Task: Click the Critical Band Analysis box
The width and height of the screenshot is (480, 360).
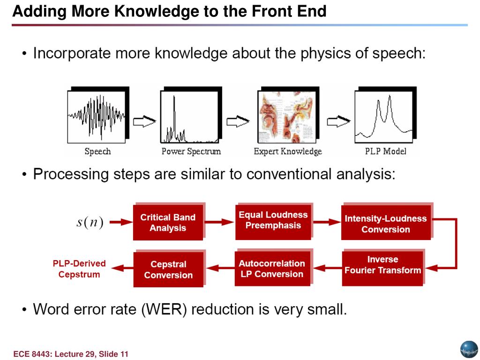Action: (x=168, y=223)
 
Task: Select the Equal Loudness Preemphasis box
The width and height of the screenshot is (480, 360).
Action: (x=273, y=220)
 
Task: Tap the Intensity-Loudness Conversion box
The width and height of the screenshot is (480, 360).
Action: (x=385, y=224)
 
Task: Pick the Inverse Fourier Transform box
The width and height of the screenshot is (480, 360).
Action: (x=382, y=265)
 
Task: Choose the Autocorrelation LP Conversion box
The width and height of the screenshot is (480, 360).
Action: (x=272, y=269)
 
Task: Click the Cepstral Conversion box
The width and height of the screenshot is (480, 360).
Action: (x=168, y=270)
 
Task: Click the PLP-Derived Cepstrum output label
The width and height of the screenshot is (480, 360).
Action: (x=79, y=269)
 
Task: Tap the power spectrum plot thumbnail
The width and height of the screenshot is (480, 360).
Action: (x=189, y=116)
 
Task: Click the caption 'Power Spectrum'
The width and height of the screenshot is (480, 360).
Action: (x=191, y=151)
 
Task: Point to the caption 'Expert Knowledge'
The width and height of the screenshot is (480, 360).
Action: (x=288, y=151)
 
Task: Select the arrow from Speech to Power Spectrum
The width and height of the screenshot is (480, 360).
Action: (x=144, y=122)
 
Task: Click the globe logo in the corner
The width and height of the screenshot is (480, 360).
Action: (x=469, y=349)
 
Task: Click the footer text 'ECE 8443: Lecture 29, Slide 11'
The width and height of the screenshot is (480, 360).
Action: (x=71, y=354)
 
